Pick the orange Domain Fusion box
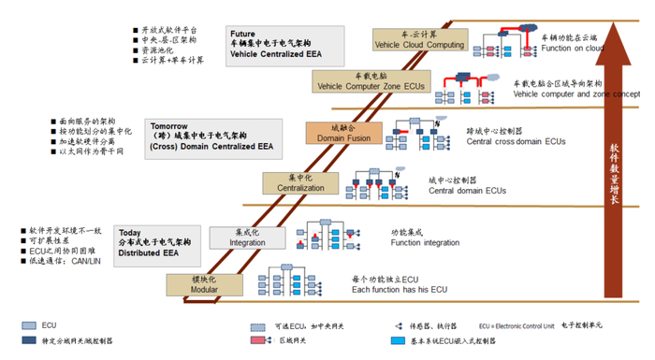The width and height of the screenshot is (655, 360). [344, 133]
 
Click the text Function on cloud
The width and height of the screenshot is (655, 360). [571, 50]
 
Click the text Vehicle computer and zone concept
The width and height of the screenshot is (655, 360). [576, 94]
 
